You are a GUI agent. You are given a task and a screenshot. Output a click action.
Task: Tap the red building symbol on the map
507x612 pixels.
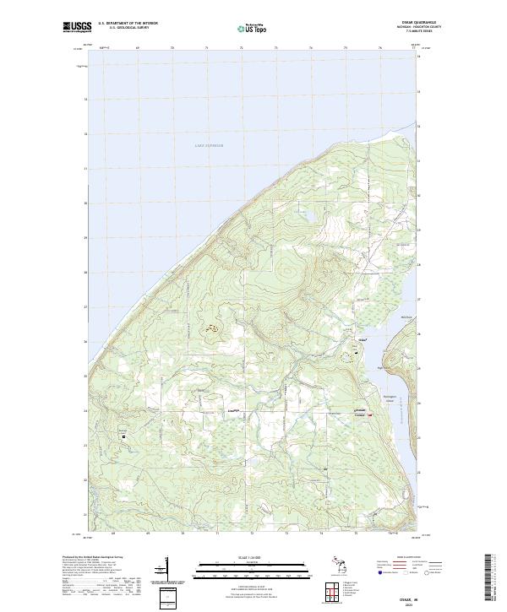click(x=370, y=414)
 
